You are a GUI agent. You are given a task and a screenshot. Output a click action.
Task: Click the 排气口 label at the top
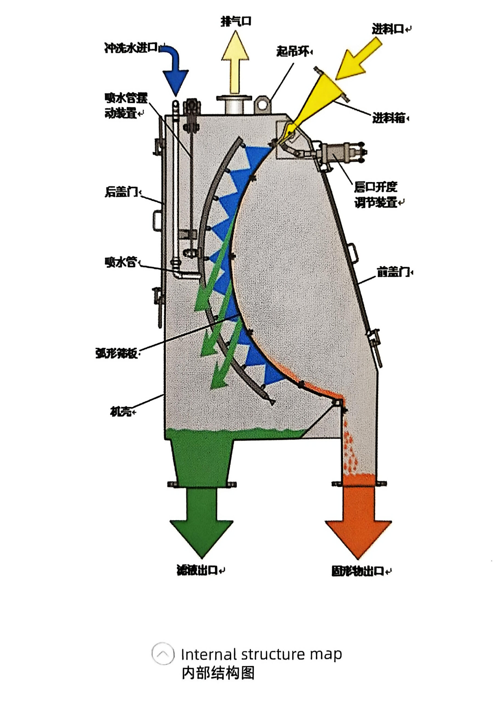coord(236,21)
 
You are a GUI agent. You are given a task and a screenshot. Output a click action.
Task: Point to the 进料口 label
coord(388,29)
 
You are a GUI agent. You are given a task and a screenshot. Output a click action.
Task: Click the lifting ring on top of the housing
coord(262,104)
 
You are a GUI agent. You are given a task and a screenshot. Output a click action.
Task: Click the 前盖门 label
coord(393,272)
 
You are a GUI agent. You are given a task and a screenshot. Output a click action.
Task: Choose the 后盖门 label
coord(121,192)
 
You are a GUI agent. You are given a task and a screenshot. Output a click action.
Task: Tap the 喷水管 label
coord(121,262)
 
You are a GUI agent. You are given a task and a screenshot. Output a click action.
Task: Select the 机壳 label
coord(121,412)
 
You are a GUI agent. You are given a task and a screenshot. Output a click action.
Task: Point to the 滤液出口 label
coord(197,570)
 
